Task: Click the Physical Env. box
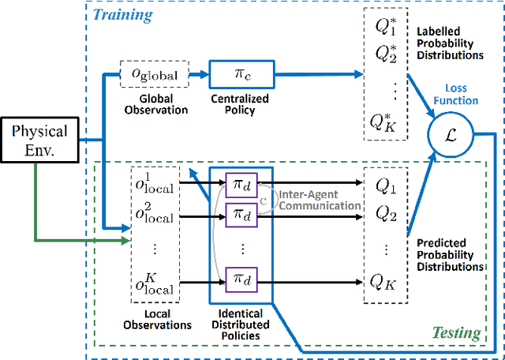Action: [x=39, y=141]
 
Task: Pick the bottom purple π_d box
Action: [x=240, y=278]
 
